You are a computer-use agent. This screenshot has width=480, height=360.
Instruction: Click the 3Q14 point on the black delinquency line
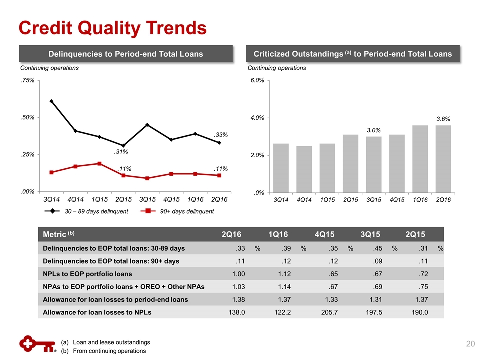[51, 101]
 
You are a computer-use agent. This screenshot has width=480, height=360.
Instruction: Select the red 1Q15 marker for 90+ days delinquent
[99, 163]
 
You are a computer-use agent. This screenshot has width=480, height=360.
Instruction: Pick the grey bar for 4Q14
[304, 169]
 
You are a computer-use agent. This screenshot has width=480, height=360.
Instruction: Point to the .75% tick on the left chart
[26, 80]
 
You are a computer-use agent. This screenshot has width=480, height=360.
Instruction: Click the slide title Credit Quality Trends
[112, 28]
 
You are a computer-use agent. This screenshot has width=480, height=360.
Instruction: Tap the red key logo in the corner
[36, 345]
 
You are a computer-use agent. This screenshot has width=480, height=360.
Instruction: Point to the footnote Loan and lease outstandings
[111, 342]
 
